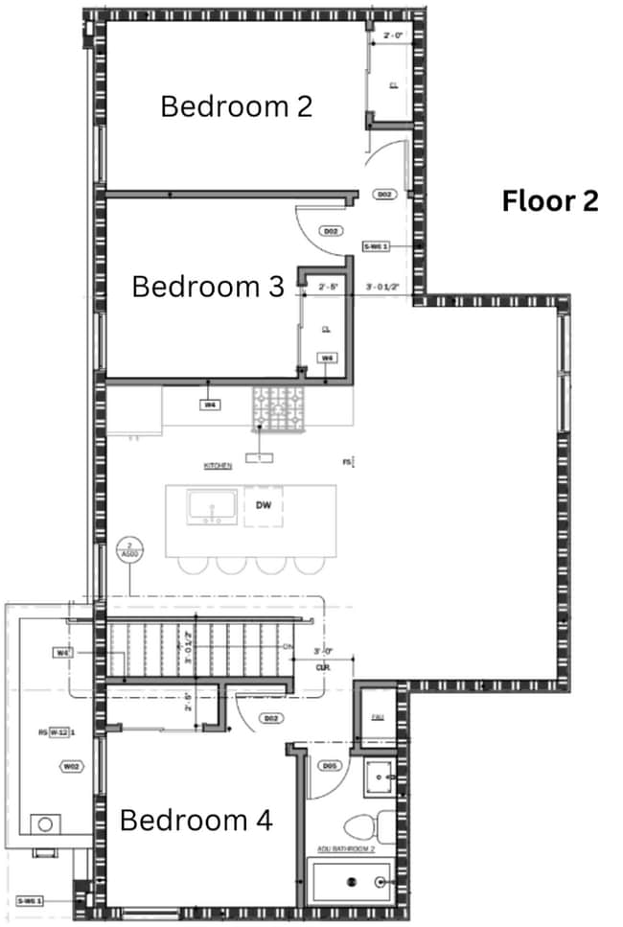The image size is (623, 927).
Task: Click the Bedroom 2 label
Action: pos(236,105)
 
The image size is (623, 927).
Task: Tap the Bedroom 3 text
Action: pos(207,287)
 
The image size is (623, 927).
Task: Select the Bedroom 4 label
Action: pos(196,821)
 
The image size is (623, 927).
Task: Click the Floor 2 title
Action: pos(550,201)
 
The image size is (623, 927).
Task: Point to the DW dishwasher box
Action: pos(263,504)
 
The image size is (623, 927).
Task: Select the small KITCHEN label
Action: pos(218,466)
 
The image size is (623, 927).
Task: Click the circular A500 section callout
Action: pos(127,549)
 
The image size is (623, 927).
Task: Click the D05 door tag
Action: pos(329,766)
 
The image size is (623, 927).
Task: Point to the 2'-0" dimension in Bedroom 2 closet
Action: pos(393,36)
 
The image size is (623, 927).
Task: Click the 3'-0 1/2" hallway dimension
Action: pos(383,286)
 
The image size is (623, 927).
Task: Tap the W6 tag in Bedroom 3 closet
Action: pos(328,358)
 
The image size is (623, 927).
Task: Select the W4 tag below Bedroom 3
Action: pos(210,405)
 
